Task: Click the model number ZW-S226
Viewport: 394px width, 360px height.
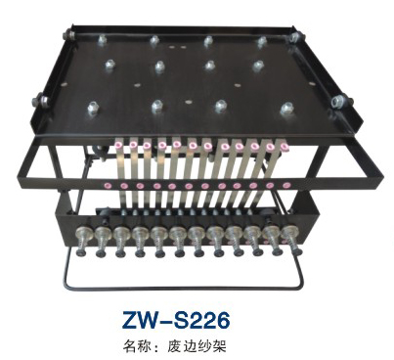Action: pos(176,320)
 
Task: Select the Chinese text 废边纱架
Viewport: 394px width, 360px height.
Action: pos(197,345)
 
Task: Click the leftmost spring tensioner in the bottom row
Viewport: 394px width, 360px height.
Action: pos(81,241)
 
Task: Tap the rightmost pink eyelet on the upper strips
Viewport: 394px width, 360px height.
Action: pos(285,147)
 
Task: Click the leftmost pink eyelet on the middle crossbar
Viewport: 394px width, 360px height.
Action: pos(109,186)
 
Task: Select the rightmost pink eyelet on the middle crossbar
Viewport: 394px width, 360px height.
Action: pos(286,186)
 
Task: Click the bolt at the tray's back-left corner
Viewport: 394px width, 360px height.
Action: pos(69,33)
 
